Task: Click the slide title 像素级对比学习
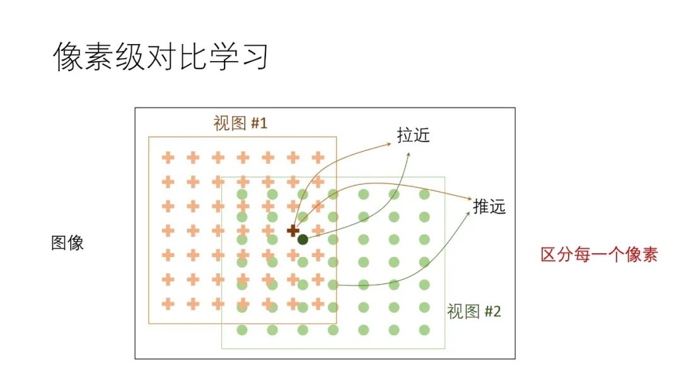click(x=161, y=57)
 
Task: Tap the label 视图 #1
click(x=240, y=123)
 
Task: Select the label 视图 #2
click(x=474, y=311)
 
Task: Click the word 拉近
click(x=413, y=135)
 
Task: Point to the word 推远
click(x=489, y=207)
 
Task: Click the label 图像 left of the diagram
click(x=67, y=243)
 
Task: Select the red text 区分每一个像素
click(x=599, y=255)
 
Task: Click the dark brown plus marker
click(x=293, y=231)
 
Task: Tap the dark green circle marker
click(x=303, y=239)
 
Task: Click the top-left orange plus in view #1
click(x=168, y=157)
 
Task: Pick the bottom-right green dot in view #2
click(x=424, y=329)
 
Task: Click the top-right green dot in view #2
click(x=424, y=194)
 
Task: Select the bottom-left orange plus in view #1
click(x=168, y=304)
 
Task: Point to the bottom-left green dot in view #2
click(x=242, y=329)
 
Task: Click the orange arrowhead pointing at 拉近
click(x=389, y=144)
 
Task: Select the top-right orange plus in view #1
click(x=318, y=157)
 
